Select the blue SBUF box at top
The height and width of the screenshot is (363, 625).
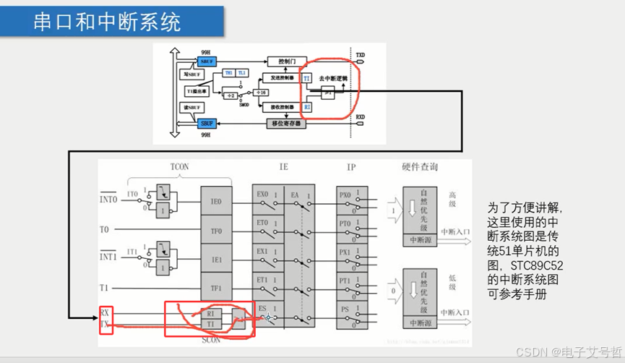point(208,62)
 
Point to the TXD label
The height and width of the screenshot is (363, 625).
point(360,54)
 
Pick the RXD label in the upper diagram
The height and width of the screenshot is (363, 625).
point(360,116)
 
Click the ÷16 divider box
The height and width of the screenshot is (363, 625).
point(263,92)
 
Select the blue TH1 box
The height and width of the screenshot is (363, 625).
point(229,73)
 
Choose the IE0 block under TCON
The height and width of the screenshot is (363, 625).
point(217,202)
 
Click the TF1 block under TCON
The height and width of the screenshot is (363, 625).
point(217,287)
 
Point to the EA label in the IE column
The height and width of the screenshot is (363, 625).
point(295,195)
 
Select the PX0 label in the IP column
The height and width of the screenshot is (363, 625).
point(345,195)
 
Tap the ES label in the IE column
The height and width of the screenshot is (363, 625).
point(262,308)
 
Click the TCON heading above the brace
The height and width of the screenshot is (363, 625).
point(179,166)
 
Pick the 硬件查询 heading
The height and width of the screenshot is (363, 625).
point(420,166)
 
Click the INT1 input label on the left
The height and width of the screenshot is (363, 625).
point(108,256)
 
